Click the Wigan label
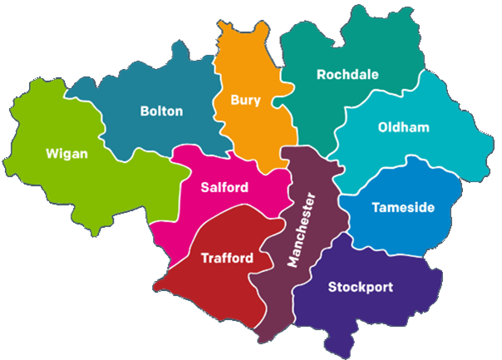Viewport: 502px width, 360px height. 67,154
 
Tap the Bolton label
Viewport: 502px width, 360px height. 161,111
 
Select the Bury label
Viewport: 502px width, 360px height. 245,101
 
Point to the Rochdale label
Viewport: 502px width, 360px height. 347,75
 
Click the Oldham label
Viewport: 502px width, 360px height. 403,127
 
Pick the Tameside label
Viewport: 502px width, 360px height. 403,207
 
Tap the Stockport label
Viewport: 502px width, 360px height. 360,288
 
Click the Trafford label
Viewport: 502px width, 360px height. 227,259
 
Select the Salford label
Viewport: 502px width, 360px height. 224,188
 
